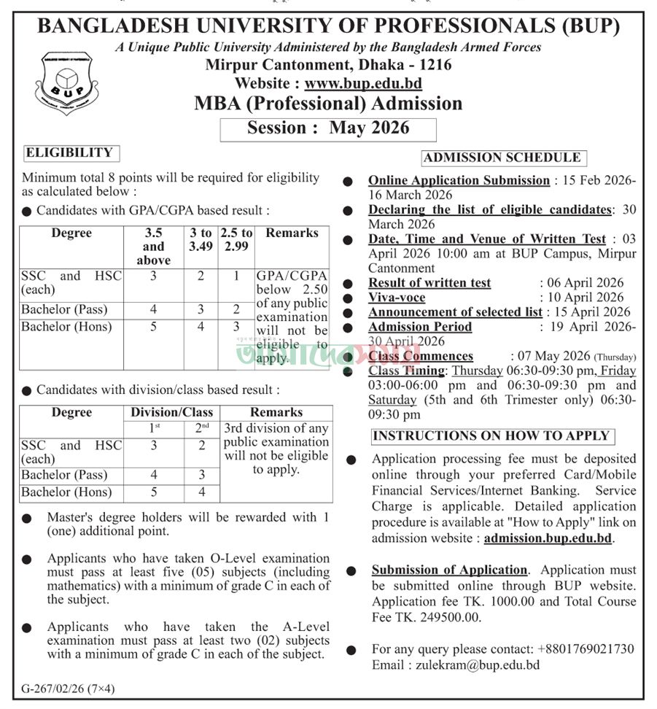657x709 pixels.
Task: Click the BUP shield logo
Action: (x=68, y=82)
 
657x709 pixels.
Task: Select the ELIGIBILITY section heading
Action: (x=69, y=152)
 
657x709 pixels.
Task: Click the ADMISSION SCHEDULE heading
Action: (x=502, y=157)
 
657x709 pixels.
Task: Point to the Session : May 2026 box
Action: (x=328, y=128)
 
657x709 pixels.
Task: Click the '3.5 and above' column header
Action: (x=153, y=247)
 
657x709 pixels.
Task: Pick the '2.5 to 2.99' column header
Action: (x=236, y=240)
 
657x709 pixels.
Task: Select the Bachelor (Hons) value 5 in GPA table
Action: (x=153, y=327)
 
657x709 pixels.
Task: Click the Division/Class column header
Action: (x=172, y=412)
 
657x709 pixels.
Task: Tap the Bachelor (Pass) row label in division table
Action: (x=64, y=475)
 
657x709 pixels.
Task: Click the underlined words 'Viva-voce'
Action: (x=397, y=298)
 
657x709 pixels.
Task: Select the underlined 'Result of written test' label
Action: (x=429, y=283)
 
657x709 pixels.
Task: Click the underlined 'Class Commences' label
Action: (x=421, y=356)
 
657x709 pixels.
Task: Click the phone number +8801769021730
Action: (x=586, y=649)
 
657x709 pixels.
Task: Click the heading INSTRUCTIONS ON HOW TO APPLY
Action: (x=491, y=435)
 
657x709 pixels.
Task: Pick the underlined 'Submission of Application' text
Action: (x=449, y=570)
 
